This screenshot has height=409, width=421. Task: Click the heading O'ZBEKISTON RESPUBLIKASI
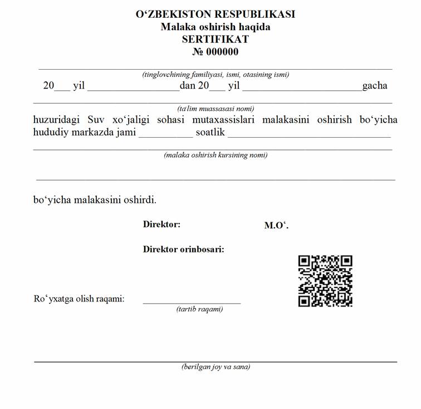click(216, 14)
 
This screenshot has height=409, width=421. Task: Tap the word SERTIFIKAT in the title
click(216, 39)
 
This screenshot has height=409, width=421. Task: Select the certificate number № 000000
click(216, 52)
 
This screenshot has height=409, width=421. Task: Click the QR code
click(325, 281)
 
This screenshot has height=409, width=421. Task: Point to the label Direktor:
click(161, 225)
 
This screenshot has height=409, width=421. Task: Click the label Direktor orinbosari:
click(183, 249)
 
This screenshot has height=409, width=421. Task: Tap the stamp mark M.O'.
click(276, 225)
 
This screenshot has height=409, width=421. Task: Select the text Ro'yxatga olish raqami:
click(79, 299)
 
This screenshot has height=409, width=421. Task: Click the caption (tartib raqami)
click(199, 309)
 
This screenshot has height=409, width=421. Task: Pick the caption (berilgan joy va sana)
click(216, 367)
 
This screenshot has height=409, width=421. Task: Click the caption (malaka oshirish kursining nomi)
click(216, 155)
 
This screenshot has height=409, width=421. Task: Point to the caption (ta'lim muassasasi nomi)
click(216, 109)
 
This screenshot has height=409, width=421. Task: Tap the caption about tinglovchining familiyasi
click(216, 74)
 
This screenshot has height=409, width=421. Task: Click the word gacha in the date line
click(375, 86)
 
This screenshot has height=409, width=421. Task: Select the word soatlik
click(210, 133)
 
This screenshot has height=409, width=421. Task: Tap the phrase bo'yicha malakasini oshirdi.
click(95, 199)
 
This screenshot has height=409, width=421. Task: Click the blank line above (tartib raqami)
click(192, 303)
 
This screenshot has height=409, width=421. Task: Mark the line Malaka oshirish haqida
click(216, 27)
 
